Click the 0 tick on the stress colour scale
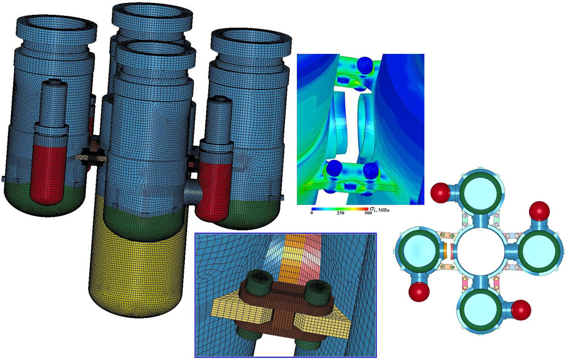click(312, 213)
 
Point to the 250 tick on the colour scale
click(340, 213)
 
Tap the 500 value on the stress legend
click(368, 213)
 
